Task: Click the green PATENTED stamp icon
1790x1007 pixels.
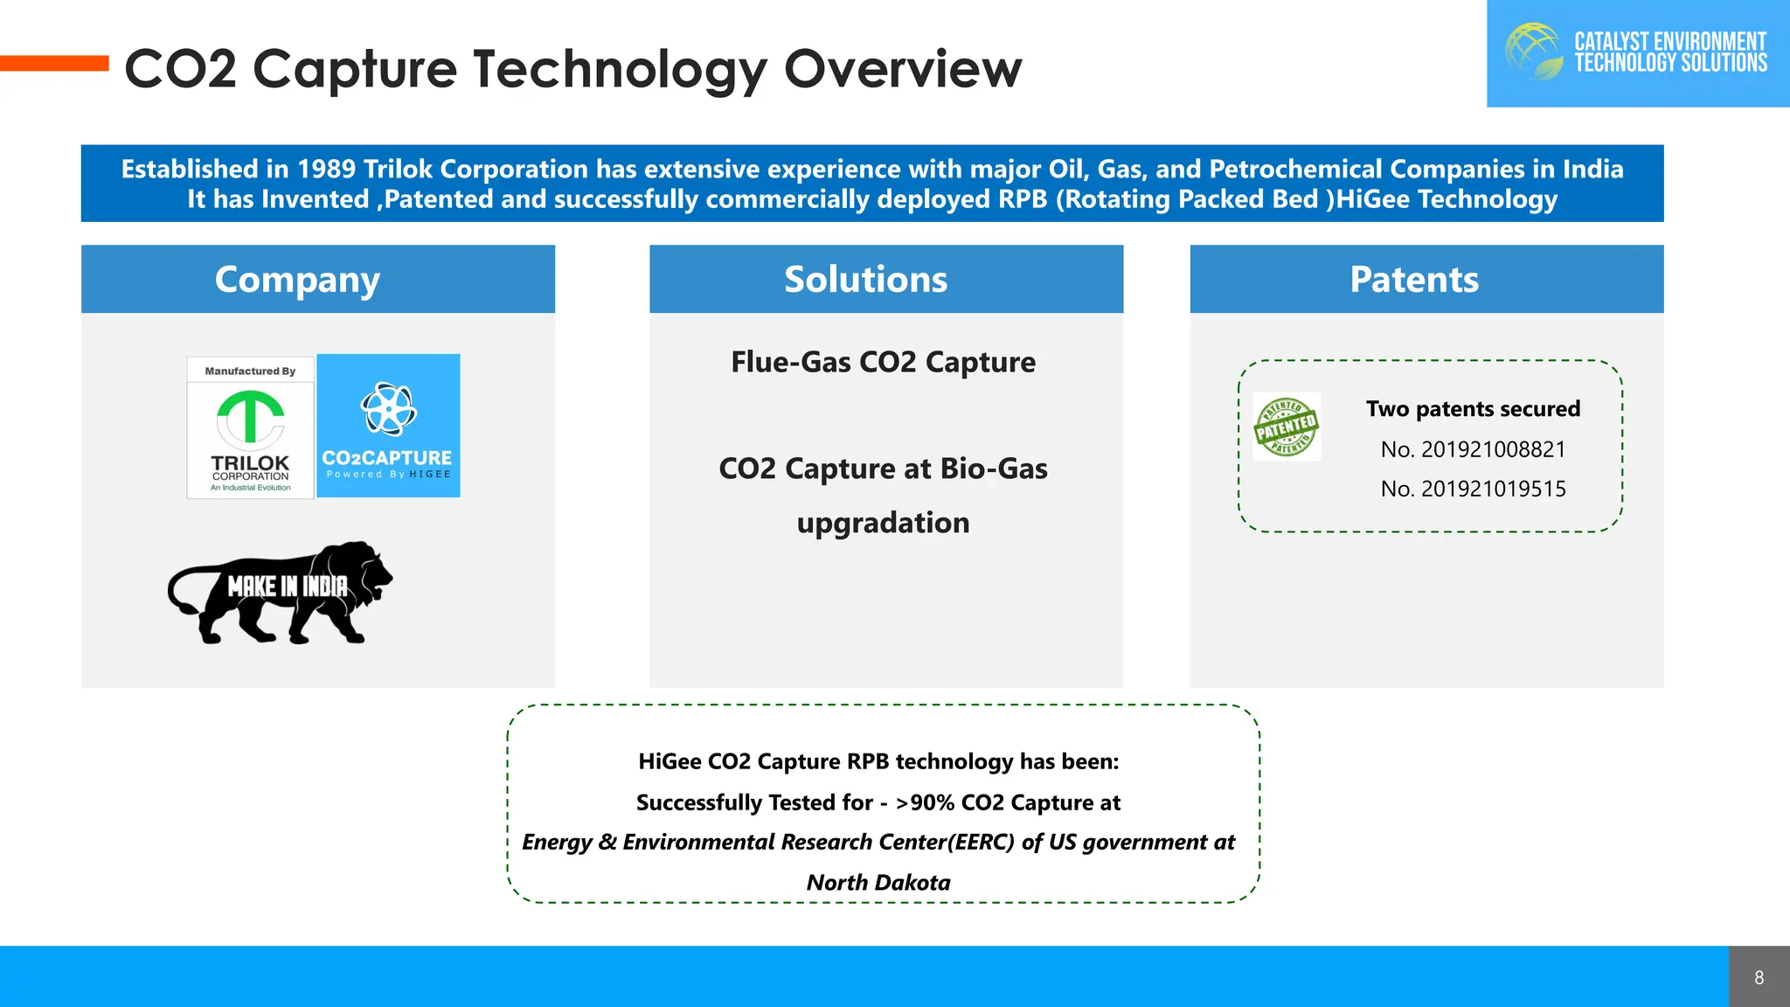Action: click(x=1286, y=427)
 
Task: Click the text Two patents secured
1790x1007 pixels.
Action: click(x=1473, y=409)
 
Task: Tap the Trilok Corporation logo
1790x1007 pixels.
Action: click(x=250, y=428)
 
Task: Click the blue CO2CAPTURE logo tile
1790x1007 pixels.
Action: click(x=388, y=426)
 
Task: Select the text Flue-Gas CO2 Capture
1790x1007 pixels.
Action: click(x=883, y=362)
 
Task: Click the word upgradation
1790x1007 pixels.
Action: click(x=883, y=523)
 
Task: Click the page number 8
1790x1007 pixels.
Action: click(x=1759, y=977)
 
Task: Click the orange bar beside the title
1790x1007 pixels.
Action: click(x=54, y=63)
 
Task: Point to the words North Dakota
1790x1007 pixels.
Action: click(x=878, y=882)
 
